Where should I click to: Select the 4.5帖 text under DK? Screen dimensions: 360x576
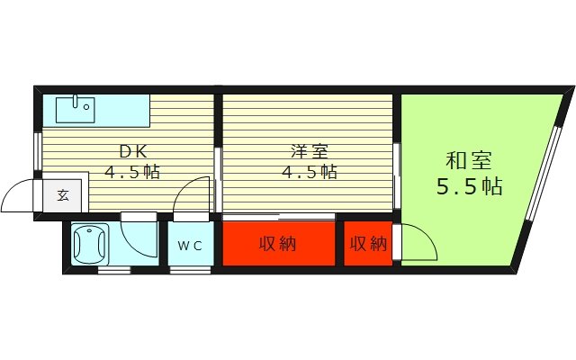click(132, 172)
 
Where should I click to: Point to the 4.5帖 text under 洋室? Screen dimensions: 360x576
click(310, 172)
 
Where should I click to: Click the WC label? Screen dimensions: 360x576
click(189, 245)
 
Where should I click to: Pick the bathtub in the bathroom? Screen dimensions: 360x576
click(90, 243)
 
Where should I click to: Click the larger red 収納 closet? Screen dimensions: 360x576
click(279, 243)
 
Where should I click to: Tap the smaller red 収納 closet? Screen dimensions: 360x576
click(368, 243)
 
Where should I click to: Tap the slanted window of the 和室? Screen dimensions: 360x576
click(548, 162)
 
